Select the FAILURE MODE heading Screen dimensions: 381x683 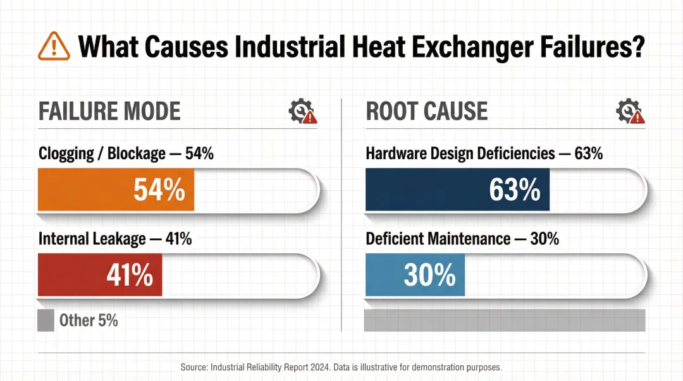[x=109, y=111]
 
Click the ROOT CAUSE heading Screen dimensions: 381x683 [x=427, y=111]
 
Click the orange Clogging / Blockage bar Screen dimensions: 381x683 [x=116, y=190]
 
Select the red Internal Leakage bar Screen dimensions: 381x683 [x=100, y=275]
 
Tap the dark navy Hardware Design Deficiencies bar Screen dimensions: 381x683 [x=457, y=190]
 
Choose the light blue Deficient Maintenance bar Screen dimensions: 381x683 [x=415, y=275]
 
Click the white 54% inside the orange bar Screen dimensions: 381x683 [x=159, y=190]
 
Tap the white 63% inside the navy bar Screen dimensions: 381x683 [x=515, y=190]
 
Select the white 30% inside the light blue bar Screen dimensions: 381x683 [x=430, y=275]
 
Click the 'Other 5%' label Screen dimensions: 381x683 [x=89, y=320]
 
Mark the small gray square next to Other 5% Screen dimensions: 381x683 [x=46, y=320]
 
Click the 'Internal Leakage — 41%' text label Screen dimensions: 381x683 [x=115, y=239]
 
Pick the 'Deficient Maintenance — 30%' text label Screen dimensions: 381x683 [x=462, y=239]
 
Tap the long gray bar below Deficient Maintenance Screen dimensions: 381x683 [x=505, y=320]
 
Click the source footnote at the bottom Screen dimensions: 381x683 [x=341, y=367]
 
